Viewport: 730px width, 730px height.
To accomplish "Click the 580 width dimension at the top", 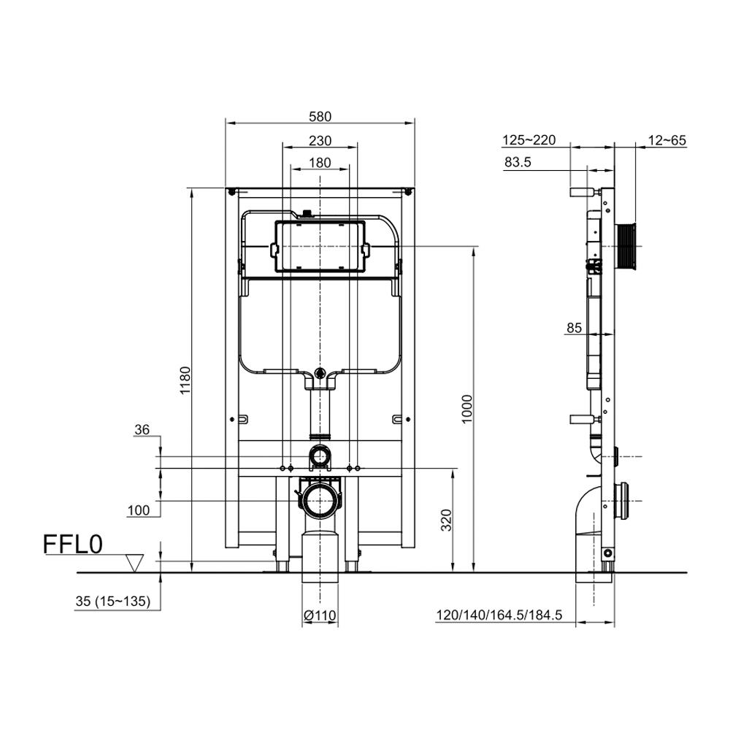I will pos(320,115).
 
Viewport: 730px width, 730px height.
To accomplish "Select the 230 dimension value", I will pos(320,140).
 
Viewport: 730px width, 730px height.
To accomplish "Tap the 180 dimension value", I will pos(320,163).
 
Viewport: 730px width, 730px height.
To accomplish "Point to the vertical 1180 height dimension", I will pos(185,380).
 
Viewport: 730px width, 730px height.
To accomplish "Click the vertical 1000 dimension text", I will pos(468,408).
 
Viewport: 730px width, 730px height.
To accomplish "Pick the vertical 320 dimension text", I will pos(447,519).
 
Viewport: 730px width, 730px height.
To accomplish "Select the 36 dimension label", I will pos(142,431).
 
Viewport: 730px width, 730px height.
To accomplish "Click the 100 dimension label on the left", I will pos(139,510).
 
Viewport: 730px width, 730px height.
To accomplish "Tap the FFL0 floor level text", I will pos(72,545).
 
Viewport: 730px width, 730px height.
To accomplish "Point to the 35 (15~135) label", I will pos(112,602).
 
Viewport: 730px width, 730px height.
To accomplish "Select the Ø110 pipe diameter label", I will pos(320,616).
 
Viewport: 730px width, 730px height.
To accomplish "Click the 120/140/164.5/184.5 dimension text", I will pos(499,615).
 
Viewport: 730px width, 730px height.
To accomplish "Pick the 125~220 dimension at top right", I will pos(529,140).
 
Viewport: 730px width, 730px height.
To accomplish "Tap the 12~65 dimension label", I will pos(666,140).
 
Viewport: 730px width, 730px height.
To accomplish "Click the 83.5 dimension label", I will pos(517,163).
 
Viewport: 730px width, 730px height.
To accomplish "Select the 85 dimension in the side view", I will pos(574,328).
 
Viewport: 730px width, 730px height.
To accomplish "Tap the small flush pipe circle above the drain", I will pos(320,456).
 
